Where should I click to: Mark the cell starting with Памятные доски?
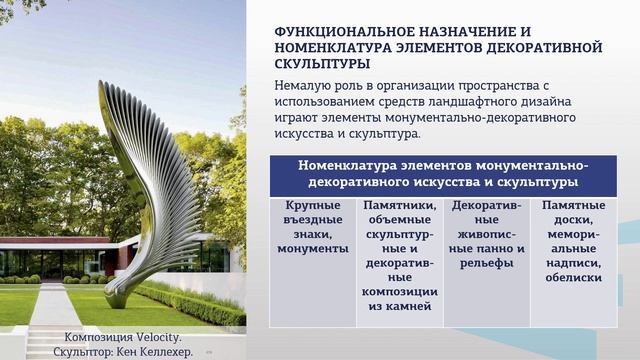(x=573, y=240)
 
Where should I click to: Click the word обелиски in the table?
(x=573, y=277)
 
